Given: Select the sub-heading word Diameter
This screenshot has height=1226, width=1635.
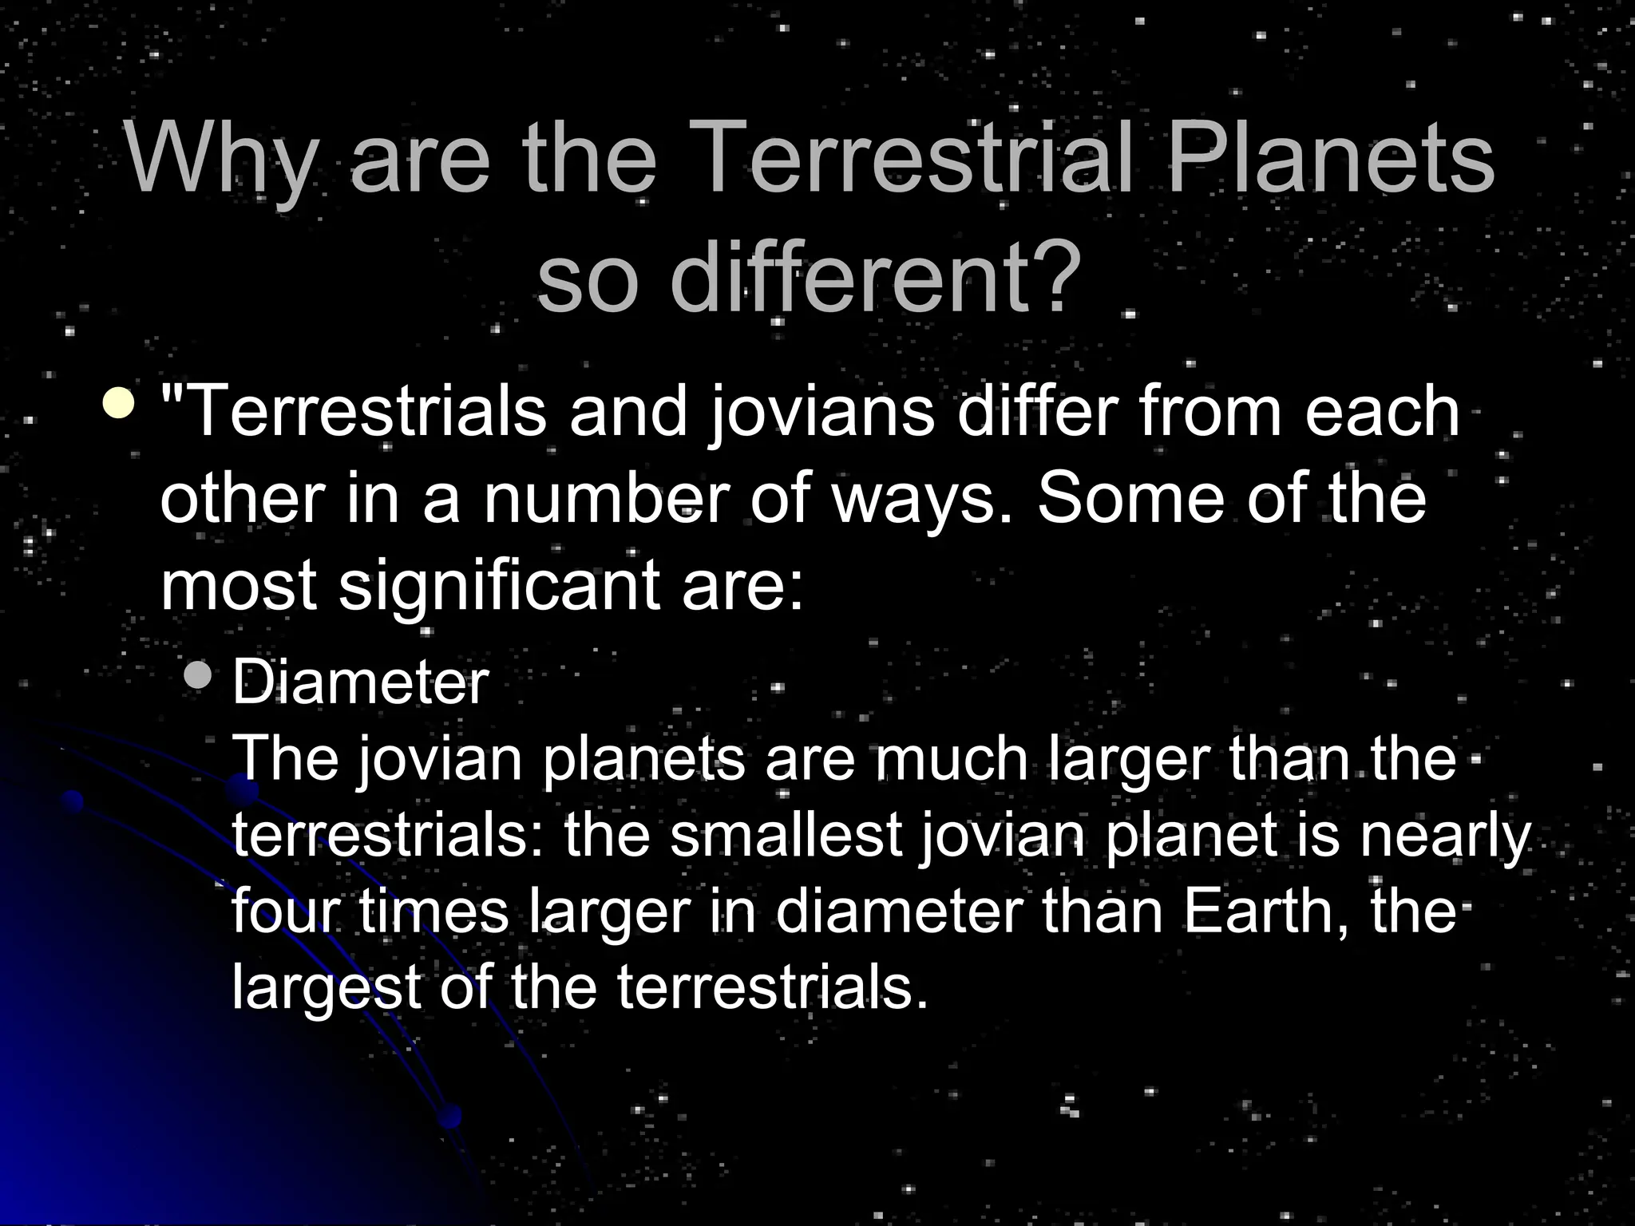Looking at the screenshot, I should [x=360, y=683].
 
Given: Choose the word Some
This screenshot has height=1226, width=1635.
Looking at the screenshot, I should [x=1130, y=500].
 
